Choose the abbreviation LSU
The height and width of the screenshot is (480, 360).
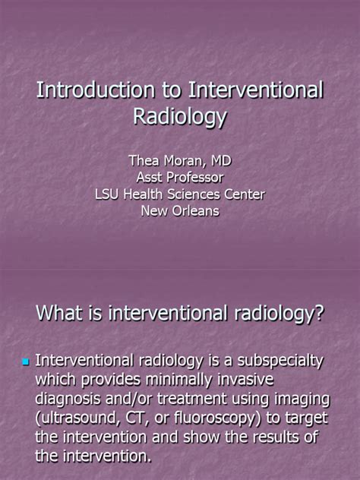(x=109, y=194)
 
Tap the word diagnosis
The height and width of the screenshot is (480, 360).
(x=70, y=398)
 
